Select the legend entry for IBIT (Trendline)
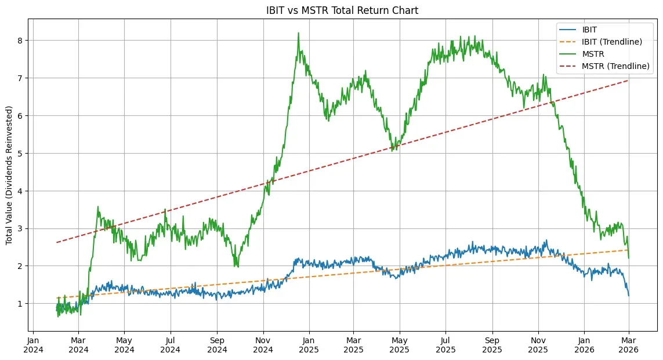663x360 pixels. point(615,42)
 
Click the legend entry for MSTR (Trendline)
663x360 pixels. point(615,66)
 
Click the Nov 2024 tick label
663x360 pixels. point(263,346)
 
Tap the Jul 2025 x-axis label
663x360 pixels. point(446,346)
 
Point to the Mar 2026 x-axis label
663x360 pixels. point(629,346)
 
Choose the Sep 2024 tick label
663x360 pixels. point(217,346)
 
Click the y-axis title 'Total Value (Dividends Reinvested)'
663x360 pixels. point(9,175)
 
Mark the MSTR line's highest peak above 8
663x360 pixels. point(298,33)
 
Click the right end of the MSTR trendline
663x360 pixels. point(629,81)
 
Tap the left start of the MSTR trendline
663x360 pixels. point(57,242)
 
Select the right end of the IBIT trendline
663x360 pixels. point(629,250)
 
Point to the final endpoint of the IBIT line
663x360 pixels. point(629,296)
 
